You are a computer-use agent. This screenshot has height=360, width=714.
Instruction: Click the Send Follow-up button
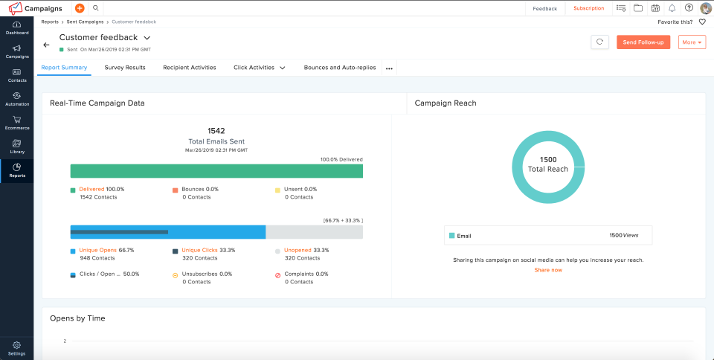pos(643,42)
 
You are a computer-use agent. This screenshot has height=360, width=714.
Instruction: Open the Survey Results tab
pos(125,68)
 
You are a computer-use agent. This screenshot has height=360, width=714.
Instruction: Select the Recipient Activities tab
pos(190,68)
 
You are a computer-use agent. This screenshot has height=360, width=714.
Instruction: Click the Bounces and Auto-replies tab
pos(340,68)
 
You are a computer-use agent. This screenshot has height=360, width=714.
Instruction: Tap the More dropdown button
pos(692,42)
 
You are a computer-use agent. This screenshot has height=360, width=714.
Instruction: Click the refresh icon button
pos(599,42)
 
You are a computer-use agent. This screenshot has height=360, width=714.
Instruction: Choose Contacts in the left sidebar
pos(16,75)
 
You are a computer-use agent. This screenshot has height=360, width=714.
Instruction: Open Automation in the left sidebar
pos(16,99)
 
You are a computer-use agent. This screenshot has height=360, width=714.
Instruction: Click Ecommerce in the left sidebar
pos(16,123)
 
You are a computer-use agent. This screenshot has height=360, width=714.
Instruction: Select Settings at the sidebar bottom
pos(16,349)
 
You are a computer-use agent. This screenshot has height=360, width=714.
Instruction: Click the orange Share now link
pos(548,270)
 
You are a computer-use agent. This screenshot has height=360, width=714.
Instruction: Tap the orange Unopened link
pos(297,250)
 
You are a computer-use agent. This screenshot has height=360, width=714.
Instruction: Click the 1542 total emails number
pos(216,131)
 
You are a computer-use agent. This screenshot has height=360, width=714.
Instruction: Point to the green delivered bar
pos(216,171)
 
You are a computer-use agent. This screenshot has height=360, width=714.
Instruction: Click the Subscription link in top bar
pos(588,8)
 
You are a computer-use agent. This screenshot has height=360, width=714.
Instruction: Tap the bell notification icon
pos(672,8)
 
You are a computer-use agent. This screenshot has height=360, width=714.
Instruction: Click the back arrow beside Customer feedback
pos(47,45)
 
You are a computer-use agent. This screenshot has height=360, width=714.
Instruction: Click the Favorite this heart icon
pos(701,22)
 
